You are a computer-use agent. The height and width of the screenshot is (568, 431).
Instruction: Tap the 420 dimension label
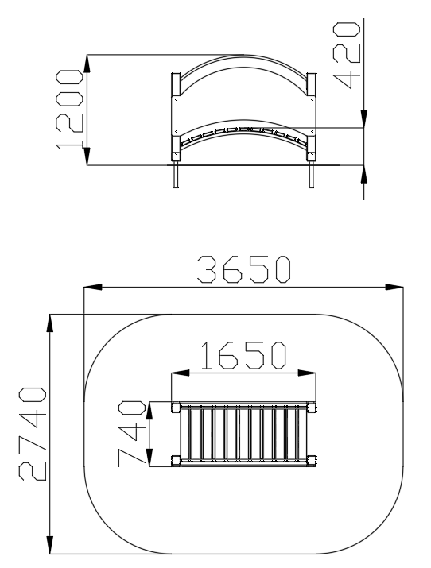click(x=347, y=56)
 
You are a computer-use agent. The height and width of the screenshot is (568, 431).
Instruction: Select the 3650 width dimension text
click(x=244, y=269)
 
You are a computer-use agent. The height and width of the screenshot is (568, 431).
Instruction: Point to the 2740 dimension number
click(x=33, y=434)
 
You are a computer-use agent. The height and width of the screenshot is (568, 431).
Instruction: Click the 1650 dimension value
click(x=243, y=355)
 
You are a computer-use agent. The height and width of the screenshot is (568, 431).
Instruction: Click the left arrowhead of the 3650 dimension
click(x=93, y=288)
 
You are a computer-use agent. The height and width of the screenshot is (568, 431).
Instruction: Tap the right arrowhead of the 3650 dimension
click(x=394, y=288)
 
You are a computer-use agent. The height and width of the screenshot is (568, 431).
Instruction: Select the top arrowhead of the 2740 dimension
click(x=50, y=323)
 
